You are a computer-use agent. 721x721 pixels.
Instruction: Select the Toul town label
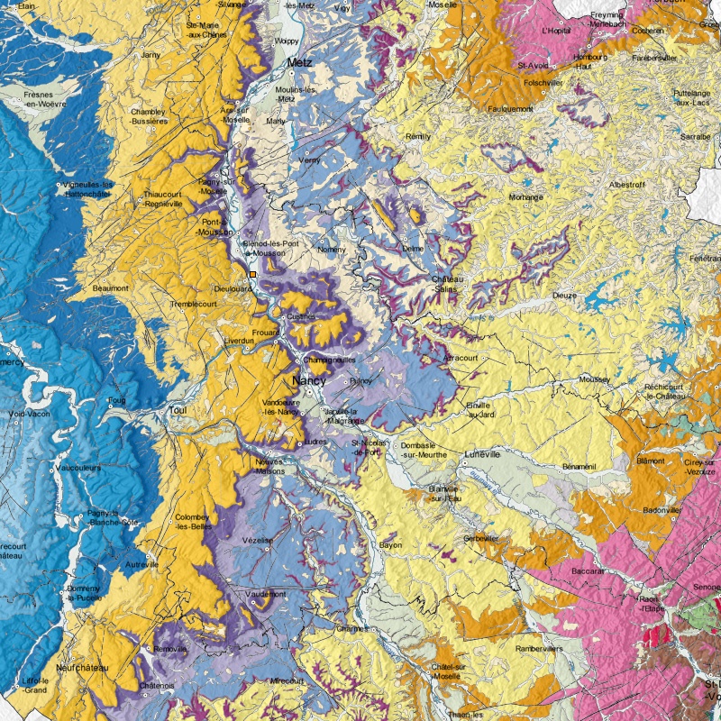pyautogui.click(x=177, y=410)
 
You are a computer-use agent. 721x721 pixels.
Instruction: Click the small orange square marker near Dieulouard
pyautogui.click(x=253, y=273)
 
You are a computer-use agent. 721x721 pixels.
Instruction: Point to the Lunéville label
pyautogui.click(x=482, y=455)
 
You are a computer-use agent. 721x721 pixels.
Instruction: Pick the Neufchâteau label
pyautogui.click(x=81, y=668)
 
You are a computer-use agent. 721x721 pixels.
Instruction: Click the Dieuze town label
pyautogui.click(x=565, y=295)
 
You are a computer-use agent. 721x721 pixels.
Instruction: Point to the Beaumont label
pyautogui.click(x=111, y=288)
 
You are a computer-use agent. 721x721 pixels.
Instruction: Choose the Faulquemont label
pyautogui.click(x=510, y=109)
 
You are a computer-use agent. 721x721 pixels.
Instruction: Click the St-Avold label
pyautogui.click(x=534, y=65)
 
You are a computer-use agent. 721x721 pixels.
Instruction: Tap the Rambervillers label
pyautogui.click(x=540, y=648)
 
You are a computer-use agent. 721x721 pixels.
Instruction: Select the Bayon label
pyautogui.click(x=390, y=545)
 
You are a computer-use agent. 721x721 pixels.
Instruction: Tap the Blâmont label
pyautogui.click(x=651, y=460)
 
